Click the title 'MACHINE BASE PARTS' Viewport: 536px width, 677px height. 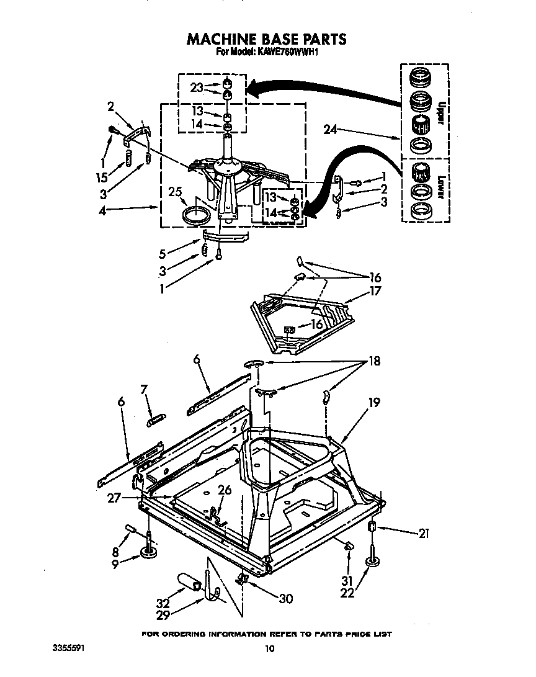click(x=267, y=39)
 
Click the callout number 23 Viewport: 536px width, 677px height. click(x=197, y=87)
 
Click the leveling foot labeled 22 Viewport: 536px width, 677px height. click(x=372, y=562)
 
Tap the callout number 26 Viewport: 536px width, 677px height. click(x=224, y=490)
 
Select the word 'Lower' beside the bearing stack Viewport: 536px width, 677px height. click(x=441, y=186)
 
